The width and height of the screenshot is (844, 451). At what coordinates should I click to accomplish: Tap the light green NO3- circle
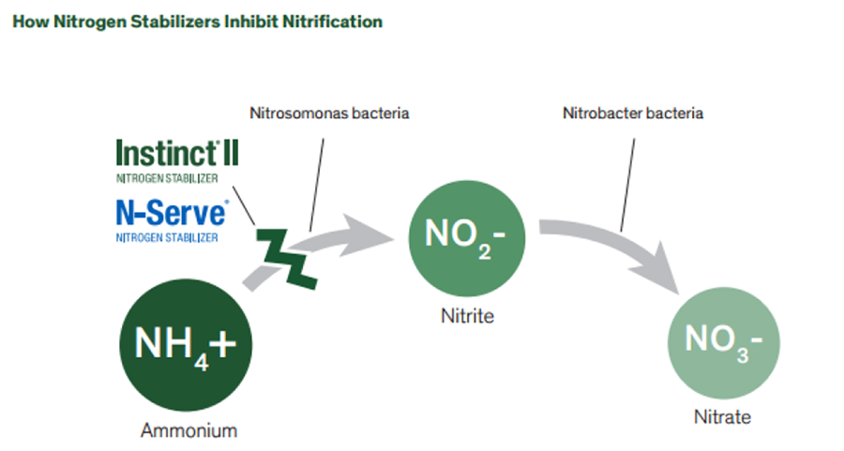(x=721, y=339)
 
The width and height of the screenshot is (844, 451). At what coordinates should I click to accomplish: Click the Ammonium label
(x=188, y=431)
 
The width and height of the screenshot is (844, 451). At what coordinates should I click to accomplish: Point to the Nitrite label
(x=467, y=316)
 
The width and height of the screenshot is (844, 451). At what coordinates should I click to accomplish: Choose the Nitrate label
(x=722, y=417)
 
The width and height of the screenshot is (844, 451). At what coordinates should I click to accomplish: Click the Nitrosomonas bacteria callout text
(x=329, y=113)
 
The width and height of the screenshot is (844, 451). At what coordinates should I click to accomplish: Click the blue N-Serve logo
(x=171, y=212)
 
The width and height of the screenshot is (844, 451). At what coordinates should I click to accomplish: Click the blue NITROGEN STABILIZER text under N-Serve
(x=167, y=237)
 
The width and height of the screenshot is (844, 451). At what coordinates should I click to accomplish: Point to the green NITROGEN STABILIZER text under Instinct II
(x=167, y=178)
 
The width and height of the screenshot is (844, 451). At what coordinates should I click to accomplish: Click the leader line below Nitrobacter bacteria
(x=627, y=178)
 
